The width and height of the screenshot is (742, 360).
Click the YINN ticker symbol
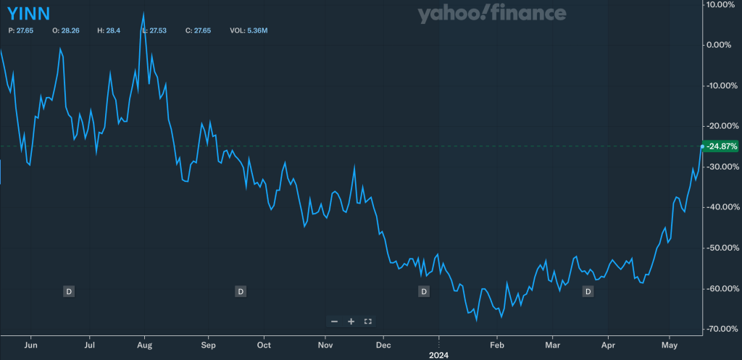(28, 13)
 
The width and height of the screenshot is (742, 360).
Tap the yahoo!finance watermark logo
(491, 13)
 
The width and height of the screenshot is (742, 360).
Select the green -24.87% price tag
(722, 146)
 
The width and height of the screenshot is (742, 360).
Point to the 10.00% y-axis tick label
(722, 4)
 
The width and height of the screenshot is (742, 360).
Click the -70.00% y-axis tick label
(722, 329)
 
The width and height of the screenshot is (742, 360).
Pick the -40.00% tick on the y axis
(722, 207)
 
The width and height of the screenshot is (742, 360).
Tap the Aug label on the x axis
(144, 346)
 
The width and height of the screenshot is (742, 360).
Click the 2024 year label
(438, 355)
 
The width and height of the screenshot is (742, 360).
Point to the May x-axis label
(670, 346)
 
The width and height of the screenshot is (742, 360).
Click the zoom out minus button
(334, 321)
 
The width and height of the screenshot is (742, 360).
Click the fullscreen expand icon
(367, 321)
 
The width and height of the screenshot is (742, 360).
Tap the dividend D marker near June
(69, 291)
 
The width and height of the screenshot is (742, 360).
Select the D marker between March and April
(588, 291)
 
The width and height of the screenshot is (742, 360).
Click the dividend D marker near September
(241, 291)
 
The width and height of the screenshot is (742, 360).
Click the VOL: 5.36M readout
(249, 31)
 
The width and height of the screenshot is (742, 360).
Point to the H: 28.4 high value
(107, 31)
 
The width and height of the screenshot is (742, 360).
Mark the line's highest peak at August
(143, 12)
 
